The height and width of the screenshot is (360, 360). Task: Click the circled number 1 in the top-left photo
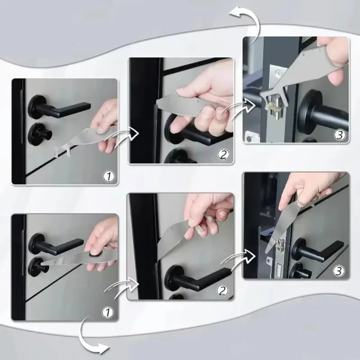tap(108, 176)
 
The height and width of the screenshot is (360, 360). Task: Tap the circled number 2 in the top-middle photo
tap(223, 154)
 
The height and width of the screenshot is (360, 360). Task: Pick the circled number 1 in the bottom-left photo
tap(108, 311)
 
